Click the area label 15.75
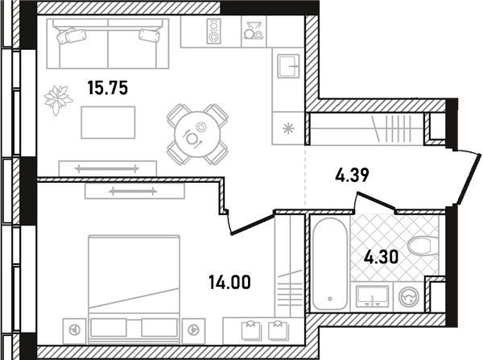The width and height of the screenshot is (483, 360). coord(108,88)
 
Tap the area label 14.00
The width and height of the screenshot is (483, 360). coord(229,283)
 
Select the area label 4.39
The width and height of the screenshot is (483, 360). coord(352,176)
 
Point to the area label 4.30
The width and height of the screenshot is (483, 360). coord(381,257)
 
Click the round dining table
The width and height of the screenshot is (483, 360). coord(197,134)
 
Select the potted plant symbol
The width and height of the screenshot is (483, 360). coord(58,100)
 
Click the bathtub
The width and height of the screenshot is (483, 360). coord(329,263)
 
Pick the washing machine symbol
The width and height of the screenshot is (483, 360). coord(409,297)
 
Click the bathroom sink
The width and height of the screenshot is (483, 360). coord(372,296)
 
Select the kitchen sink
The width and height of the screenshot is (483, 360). coord(288,66)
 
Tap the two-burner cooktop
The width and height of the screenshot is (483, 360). coord(214,31)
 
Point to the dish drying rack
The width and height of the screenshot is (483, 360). coord(254,31)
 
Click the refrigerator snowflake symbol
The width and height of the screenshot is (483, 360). coord(288,129)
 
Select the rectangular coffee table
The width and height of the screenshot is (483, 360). coord(108,122)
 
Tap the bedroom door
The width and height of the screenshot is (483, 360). coord(252,225)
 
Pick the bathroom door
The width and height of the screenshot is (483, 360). coord(376,201)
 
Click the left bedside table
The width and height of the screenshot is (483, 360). coord(75,331)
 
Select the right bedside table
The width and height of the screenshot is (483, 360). coord(193,331)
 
